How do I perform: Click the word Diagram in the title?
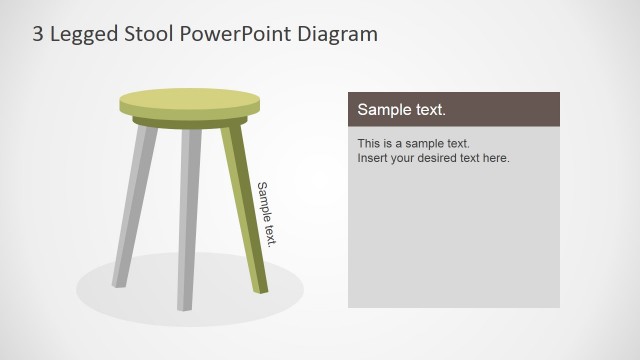(x=341, y=34)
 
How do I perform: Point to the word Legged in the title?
(x=81, y=35)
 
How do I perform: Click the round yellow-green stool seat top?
(x=189, y=101)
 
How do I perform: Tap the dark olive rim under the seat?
(x=189, y=122)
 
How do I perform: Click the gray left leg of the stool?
(x=134, y=205)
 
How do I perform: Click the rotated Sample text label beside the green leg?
(x=266, y=213)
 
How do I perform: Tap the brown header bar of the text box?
(x=500, y=109)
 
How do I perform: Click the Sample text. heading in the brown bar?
(x=402, y=110)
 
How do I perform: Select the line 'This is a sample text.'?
(x=413, y=143)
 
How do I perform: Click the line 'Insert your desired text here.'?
(x=433, y=158)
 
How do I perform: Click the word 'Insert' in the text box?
(x=373, y=158)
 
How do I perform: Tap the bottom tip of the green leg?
(x=262, y=290)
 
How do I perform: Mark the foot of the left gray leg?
(x=118, y=283)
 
